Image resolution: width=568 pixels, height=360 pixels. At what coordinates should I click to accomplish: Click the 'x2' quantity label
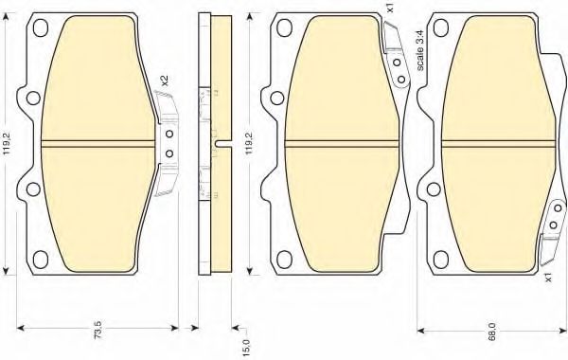(165, 81)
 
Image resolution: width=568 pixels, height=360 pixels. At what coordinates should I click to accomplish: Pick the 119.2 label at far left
(8, 145)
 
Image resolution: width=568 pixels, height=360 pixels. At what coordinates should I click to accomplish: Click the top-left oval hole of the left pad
(40, 27)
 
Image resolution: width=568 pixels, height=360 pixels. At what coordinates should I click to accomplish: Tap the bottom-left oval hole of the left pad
(40, 259)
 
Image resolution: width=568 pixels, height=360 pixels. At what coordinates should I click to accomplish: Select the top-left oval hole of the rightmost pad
(441, 27)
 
